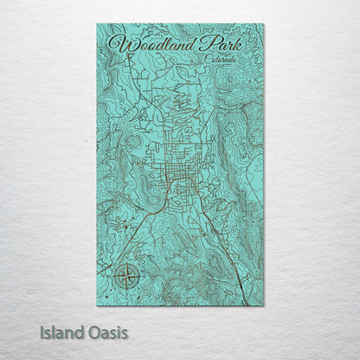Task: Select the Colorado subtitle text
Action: tap(223, 57)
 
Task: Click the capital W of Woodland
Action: tap(119, 42)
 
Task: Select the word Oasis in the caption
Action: tap(106, 331)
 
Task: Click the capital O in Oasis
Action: tap(92, 331)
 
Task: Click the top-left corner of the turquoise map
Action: tap(97, 24)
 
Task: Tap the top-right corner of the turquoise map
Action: tap(264, 24)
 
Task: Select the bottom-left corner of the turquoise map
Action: tap(97, 305)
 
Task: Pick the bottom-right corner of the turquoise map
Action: tap(264, 305)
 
